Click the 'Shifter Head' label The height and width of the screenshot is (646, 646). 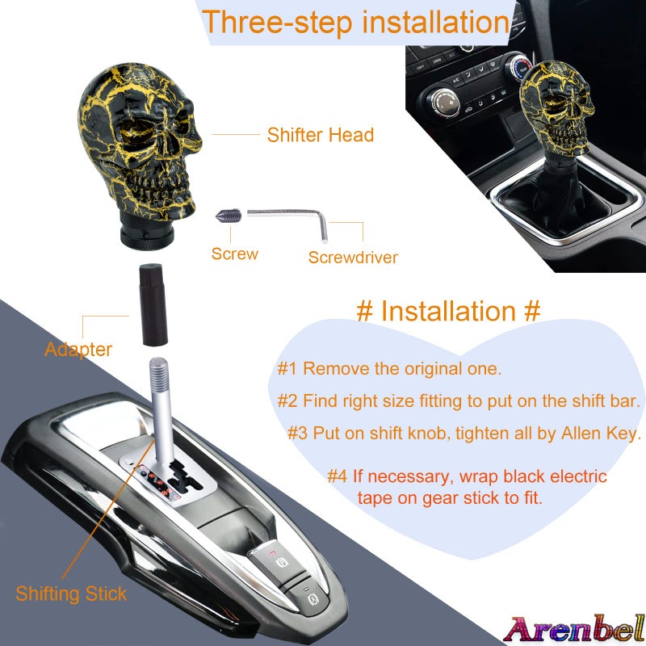click(x=321, y=135)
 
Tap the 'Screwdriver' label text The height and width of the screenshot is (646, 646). click(x=353, y=258)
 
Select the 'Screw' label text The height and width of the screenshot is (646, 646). click(x=235, y=254)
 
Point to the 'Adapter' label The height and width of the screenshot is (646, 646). click(x=78, y=350)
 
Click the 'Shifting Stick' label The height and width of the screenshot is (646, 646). click(x=71, y=594)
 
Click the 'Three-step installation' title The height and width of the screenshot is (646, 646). click(x=355, y=22)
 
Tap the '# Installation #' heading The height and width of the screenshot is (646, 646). click(x=448, y=311)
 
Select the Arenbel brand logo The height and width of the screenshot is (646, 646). click(x=573, y=627)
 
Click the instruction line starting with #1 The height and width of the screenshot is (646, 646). click(x=389, y=369)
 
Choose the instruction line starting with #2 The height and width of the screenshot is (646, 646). click(x=459, y=401)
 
